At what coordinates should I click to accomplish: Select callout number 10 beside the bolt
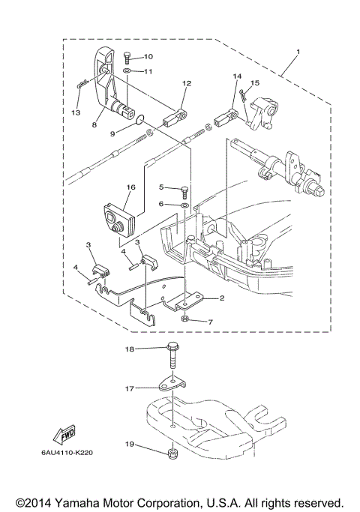pyautogui.click(x=148, y=56)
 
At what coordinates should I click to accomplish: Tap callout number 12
pyautogui.click(x=186, y=83)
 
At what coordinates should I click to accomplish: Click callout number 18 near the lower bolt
pyautogui.click(x=129, y=349)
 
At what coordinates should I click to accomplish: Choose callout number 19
pyautogui.click(x=129, y=445)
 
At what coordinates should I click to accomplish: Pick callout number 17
pyautogui.click(x=129, y=388)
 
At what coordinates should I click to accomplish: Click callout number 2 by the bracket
pyautogui.click(x=222, y=298)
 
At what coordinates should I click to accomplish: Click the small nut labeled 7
pyautogui.click(x=184, y=319)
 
